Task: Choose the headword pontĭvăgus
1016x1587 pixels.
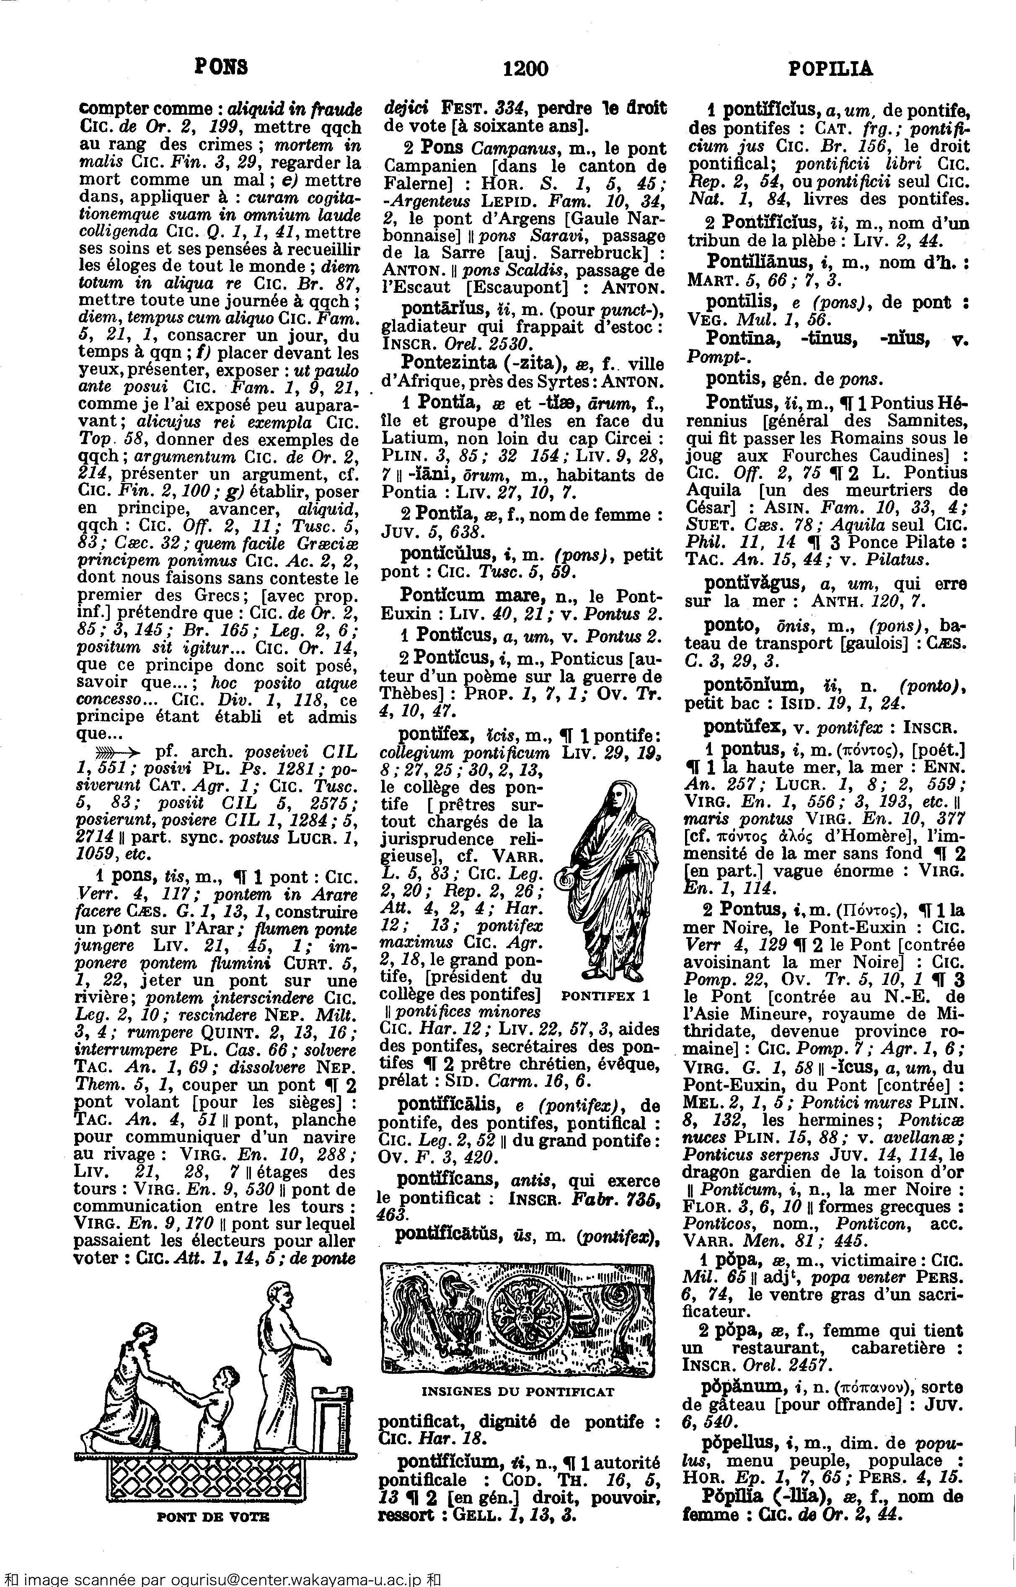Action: (x=754, y=584)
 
